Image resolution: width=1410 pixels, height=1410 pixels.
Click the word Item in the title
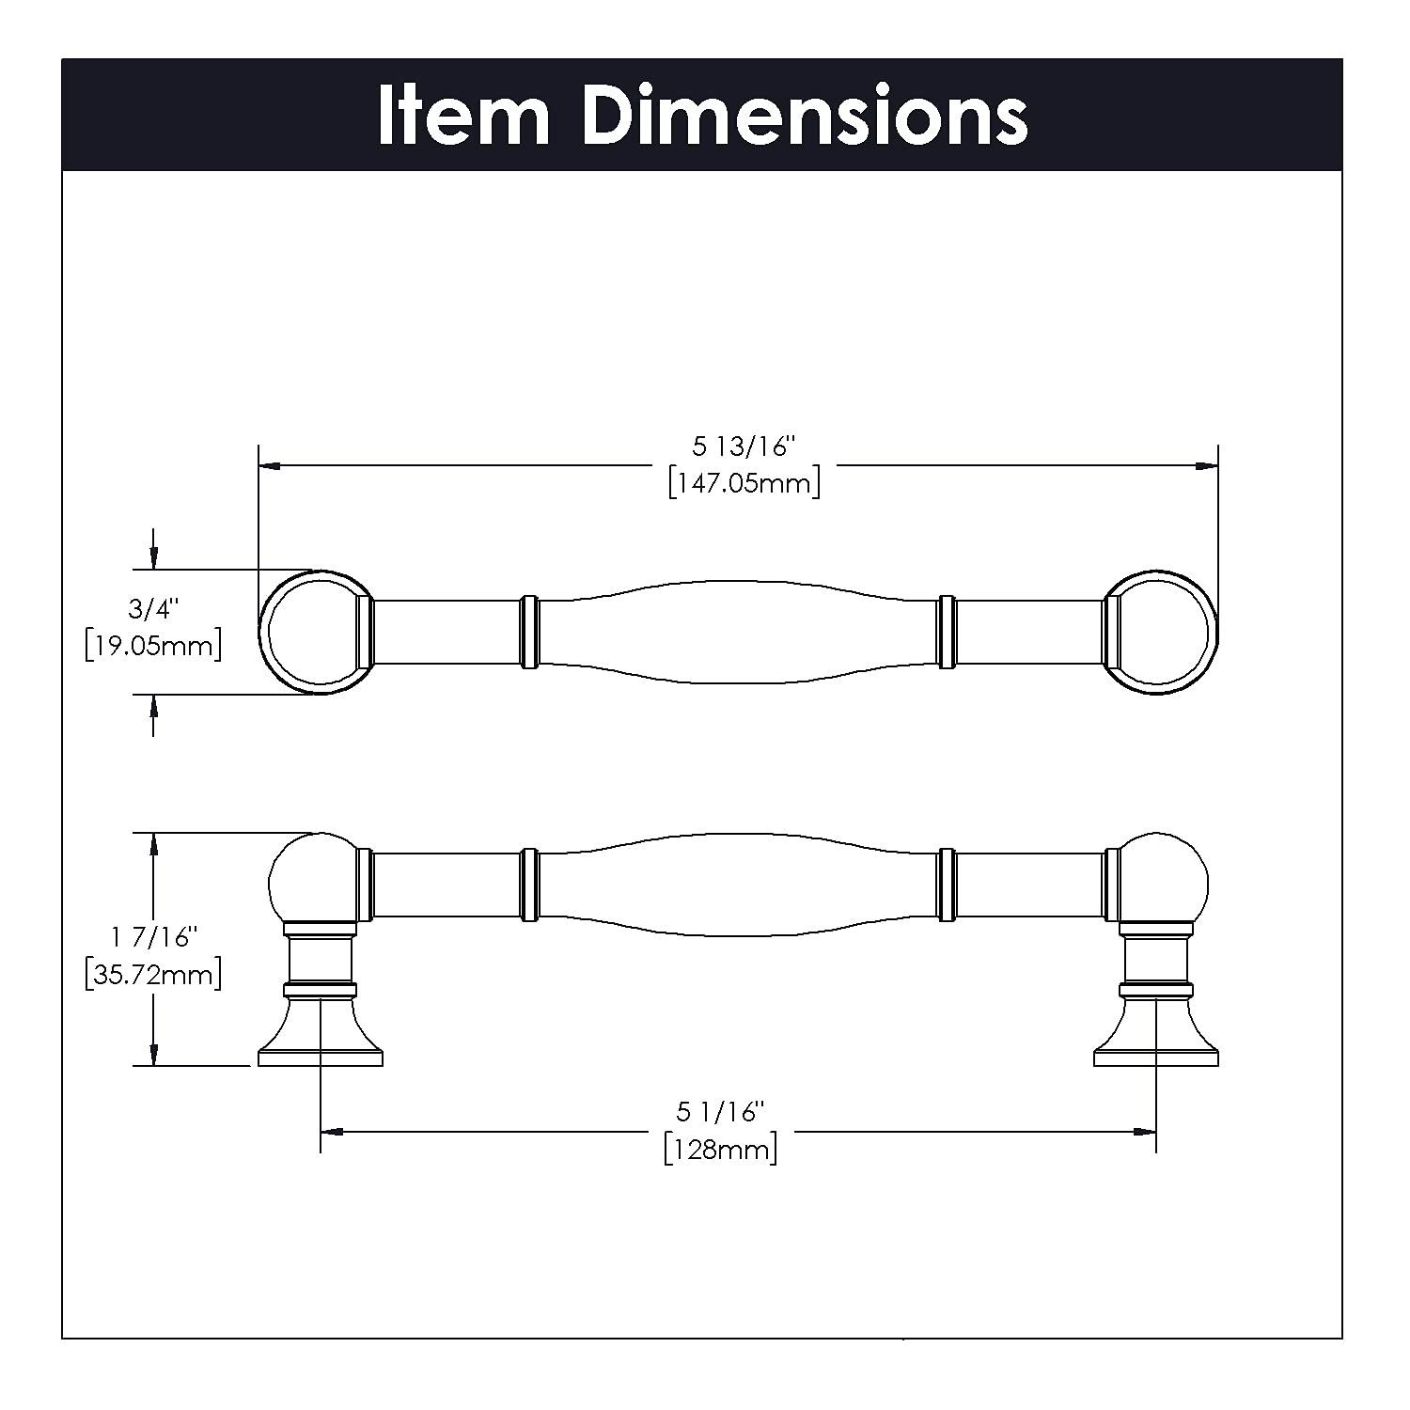click(463, 115)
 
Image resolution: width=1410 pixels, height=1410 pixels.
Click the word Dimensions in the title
click(805, 115)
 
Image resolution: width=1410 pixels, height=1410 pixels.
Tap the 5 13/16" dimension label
click(744, 446)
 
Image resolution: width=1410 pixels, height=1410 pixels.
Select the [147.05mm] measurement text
click(744, 483)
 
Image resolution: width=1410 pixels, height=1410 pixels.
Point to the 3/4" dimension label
click(152, 609)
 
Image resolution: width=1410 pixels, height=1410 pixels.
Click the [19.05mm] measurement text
click(152, 647)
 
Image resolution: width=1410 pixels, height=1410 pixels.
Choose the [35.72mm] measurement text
click(152, 974)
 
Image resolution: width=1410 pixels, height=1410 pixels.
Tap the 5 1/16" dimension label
click(720, 1112)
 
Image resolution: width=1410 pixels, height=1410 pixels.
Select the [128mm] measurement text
click(720, 1150)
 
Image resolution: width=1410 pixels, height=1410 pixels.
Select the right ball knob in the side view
click(1166, 880)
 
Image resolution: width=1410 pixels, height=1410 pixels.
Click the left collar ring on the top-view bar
click(529, 632)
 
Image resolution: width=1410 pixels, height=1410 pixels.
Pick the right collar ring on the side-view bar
click(947, 884)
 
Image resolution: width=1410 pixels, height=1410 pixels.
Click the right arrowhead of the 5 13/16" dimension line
click(1209, 464)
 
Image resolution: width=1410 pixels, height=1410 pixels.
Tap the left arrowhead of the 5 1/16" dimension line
click(330, 1132)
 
